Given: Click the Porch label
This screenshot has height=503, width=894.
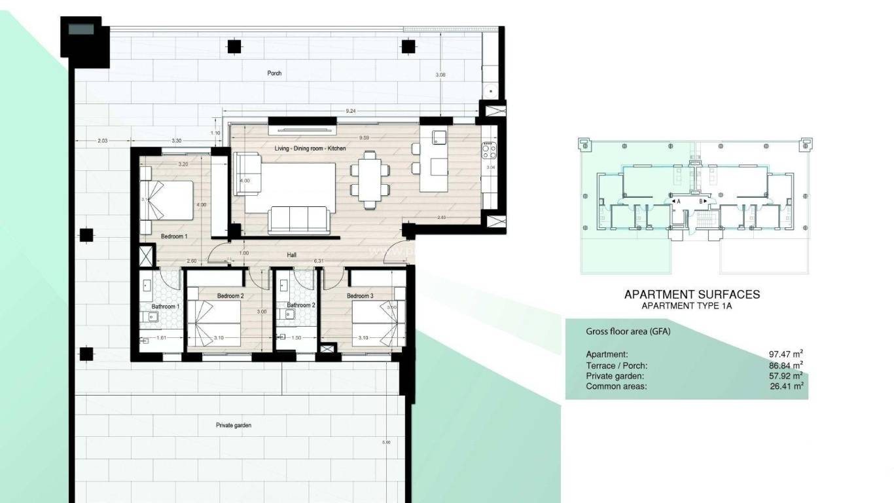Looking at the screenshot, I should (274, 73).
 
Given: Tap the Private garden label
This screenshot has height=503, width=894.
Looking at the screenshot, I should (234, 425).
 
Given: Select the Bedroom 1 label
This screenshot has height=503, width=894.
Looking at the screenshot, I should (174, 236).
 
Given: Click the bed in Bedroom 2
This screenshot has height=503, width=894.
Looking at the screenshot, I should (213, 323).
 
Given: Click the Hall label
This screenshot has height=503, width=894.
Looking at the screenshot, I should (293, 255).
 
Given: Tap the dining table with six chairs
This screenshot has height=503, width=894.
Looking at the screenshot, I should (370, 176).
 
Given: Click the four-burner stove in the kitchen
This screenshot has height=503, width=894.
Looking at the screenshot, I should (488, 151).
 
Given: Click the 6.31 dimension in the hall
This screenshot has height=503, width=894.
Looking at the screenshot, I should (319, 261).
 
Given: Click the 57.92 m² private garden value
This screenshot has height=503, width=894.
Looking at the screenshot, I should (785, 376).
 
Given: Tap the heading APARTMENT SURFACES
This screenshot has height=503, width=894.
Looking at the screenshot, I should (692, 294).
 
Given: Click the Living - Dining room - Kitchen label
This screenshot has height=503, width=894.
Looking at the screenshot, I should (310, 149).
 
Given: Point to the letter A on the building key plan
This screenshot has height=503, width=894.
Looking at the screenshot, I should (679, 202).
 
